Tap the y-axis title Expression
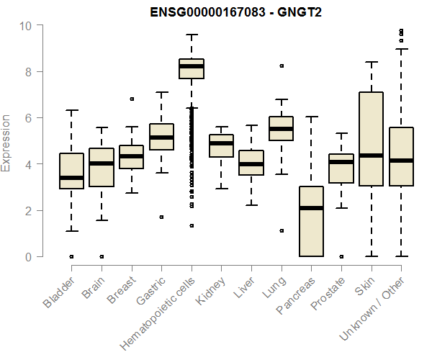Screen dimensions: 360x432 6,142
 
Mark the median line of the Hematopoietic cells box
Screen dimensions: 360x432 191,66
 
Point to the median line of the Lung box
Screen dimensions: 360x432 281,129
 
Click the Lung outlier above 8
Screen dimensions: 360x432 282,66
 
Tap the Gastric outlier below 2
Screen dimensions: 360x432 161,217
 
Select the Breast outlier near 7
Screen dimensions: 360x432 131,99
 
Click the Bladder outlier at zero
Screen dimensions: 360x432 71,256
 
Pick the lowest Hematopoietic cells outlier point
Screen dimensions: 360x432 192,225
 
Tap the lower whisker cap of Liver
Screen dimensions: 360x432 251,205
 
